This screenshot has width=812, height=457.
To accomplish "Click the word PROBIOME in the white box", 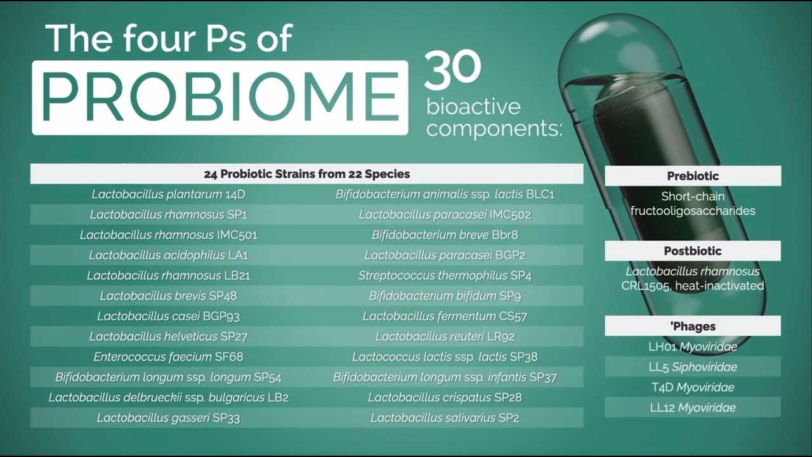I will pos(219,97).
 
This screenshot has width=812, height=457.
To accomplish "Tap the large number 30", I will pos(452,69).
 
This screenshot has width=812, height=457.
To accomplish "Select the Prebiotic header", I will pos(693,176).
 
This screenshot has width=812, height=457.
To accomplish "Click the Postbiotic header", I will pos(693,251).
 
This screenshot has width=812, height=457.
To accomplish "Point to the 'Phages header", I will pos(693,326).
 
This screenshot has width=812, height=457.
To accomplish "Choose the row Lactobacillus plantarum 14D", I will pos(168,194).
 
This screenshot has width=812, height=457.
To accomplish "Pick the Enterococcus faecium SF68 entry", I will pos(168,357).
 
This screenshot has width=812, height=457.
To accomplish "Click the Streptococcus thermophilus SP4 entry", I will pos(445,275).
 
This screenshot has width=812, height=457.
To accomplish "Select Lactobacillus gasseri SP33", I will pos(168,418).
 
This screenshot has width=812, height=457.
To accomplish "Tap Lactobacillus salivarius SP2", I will pos(445,418).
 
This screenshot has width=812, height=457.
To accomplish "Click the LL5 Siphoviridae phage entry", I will pos(693,367).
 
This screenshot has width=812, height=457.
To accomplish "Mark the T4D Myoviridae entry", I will pos(693,387).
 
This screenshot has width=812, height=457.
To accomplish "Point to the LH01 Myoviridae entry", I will pos(693,347).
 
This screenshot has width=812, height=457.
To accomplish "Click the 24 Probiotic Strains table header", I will pos(306,174).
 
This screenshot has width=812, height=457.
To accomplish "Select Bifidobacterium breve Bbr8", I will pos(445,235).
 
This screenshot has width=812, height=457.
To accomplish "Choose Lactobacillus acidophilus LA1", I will pos(168,255).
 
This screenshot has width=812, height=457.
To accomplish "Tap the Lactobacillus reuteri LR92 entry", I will pos(445,336).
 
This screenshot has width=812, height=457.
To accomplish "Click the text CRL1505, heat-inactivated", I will pos(693,286).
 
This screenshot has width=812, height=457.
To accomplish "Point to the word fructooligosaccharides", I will pos(693,211).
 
